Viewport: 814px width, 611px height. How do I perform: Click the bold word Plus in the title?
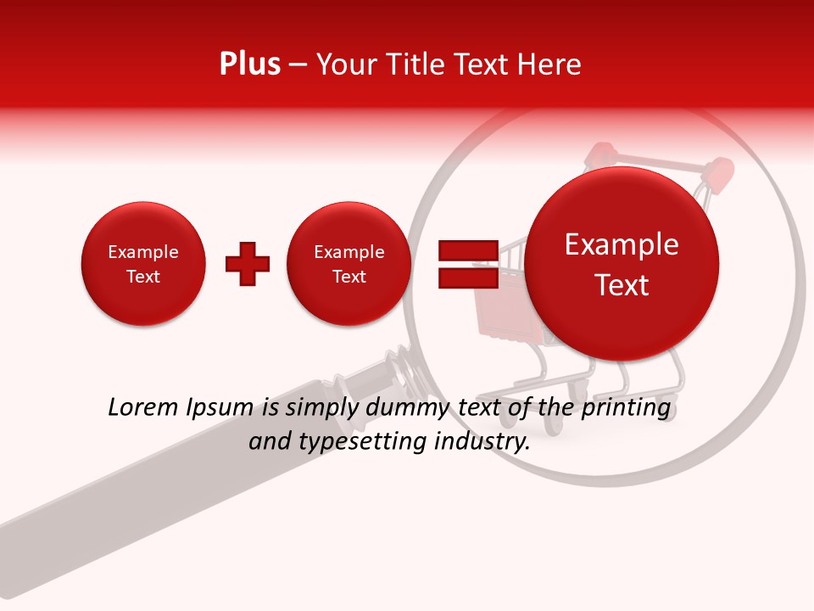click(249, 64)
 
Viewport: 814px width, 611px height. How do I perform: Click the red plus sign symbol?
click(247, 264)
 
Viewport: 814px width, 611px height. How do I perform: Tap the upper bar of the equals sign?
click(467, 250)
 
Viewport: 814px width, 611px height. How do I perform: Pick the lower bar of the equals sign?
click(467, 277)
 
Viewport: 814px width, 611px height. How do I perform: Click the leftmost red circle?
click(143, 264)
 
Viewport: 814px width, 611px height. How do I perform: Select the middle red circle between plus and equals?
click(348, 264)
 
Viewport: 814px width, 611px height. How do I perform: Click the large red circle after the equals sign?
click(622, 264)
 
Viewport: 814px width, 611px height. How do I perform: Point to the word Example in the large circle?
click(622, 244)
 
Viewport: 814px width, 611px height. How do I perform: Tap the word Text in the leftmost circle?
click(143, 277)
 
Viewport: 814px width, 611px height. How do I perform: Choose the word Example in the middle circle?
click(348, 252)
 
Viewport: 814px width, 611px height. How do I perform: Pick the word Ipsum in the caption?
click(222, 408)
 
